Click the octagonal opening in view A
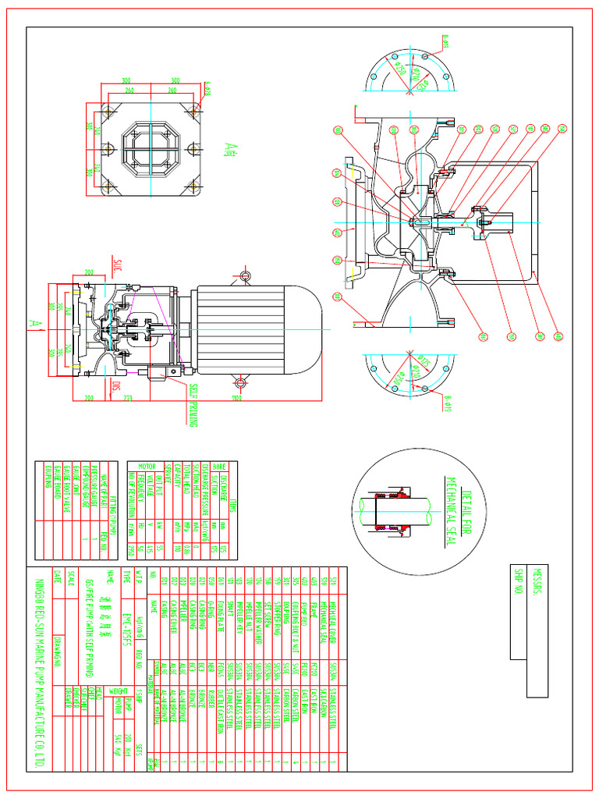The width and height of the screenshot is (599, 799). coord(151,148)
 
